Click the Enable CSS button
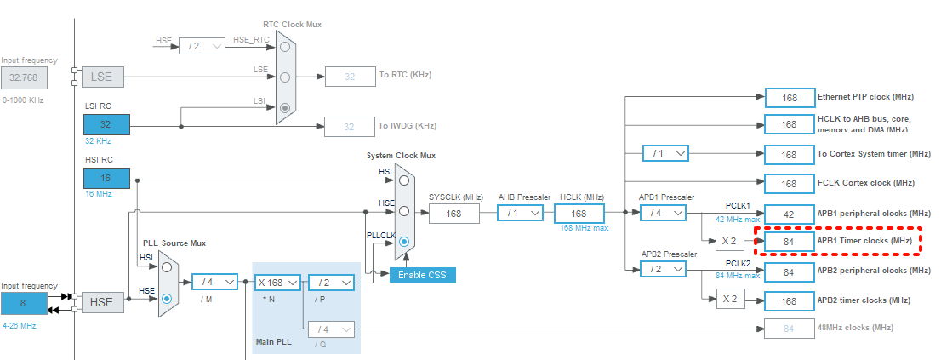[423, 274]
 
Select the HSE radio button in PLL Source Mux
[167, 298]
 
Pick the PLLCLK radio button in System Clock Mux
[404, 241]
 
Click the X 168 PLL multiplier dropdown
[278, 282]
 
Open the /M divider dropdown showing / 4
[214, 282]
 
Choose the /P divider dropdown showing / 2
[331, 282]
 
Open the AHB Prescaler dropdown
[521, 213]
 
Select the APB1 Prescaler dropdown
[664, 213]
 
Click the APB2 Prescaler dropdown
[664, 268]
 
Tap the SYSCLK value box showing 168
[453, 213]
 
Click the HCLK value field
[579, 213]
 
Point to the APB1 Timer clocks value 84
[789, 243]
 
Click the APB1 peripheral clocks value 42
[789, 213]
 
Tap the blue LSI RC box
[106, 123]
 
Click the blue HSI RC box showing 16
[106, 178]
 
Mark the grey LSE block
[102, 77]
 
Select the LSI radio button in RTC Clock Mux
[285, 108]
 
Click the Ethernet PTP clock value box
[790, 98]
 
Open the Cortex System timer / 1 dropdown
[665, 153]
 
